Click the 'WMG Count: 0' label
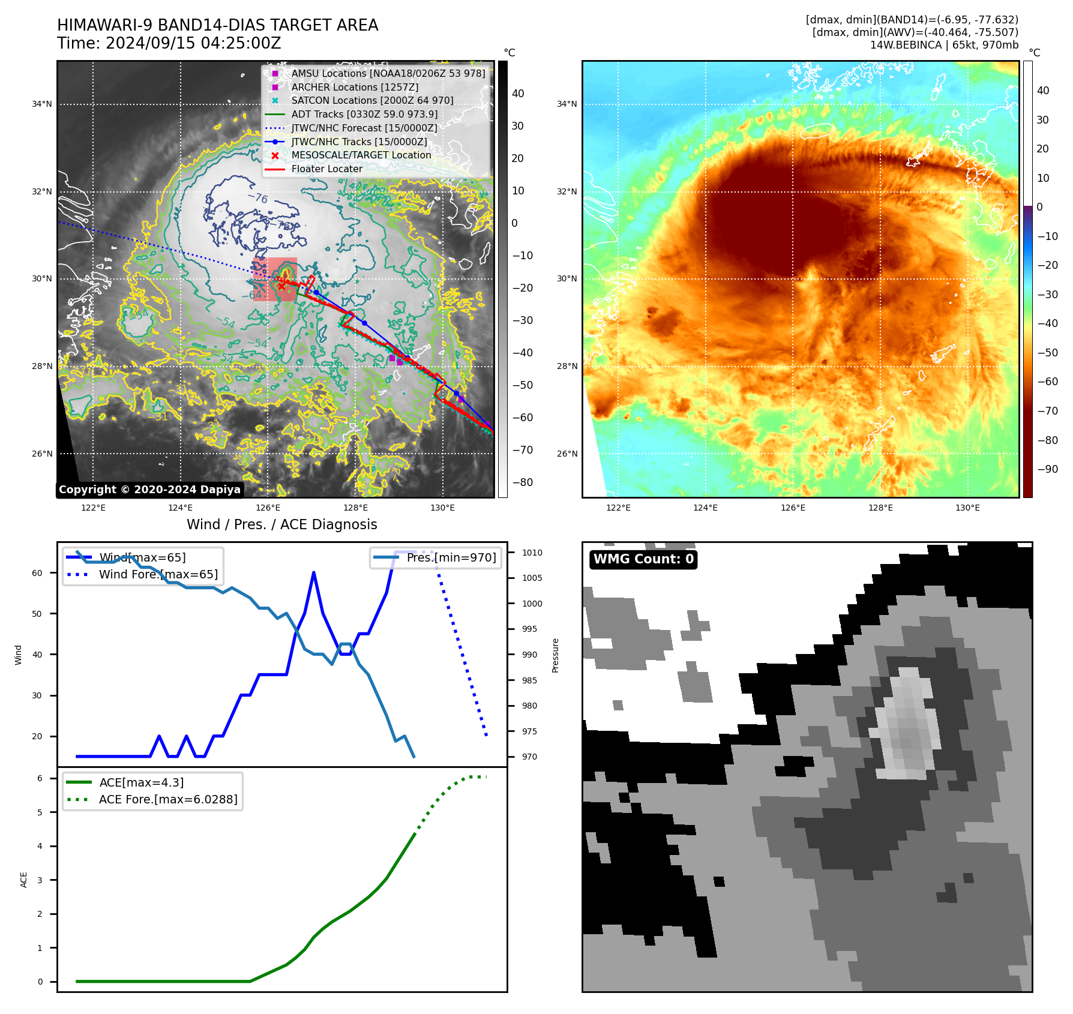[643, 559]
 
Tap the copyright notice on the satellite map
[149, 490]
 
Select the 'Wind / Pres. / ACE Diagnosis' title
[281, 524]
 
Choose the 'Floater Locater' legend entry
[326, 169]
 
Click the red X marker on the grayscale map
[281, 286]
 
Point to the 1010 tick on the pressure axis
[532, 553]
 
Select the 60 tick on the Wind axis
[37, 573]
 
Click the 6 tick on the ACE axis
[40, 778]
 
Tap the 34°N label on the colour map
[567, 104]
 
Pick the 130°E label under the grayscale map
[442, 508]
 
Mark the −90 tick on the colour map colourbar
[1047, 469]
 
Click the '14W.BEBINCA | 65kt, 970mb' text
[944, 45]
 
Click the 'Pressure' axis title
[556, 655]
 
